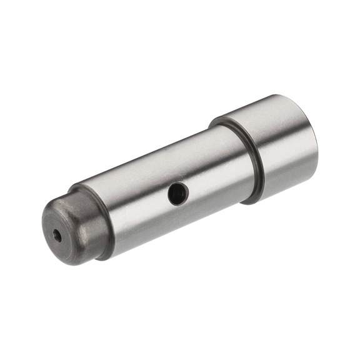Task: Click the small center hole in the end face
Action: [x=57, y=236]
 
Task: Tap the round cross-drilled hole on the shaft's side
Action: [x=177, y=193]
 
